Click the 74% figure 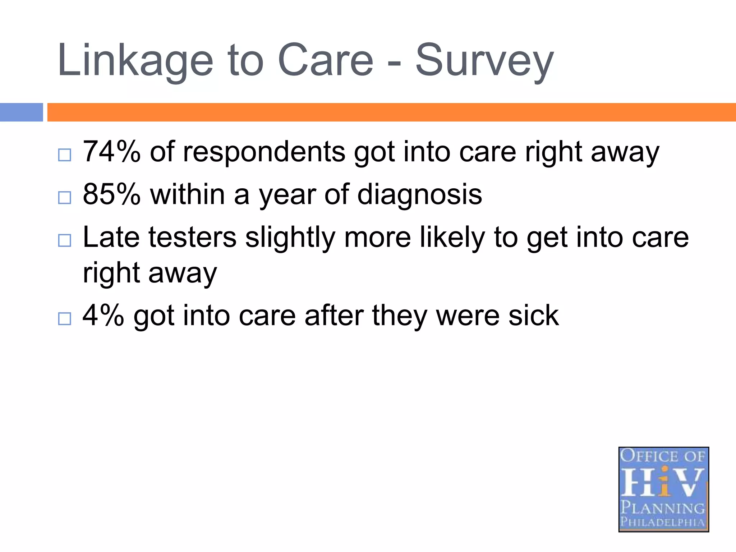coord(111,152)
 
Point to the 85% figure coord(111,194)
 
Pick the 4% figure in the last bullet coord(103,316)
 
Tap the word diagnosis coord(419,194)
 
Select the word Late coord(111,237)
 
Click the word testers coord(192,237)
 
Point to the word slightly coord(290,238)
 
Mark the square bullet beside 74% coord(65,155)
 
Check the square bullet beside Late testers coord(65,240)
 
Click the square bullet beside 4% coord(65,319)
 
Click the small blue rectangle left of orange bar coord(21,112)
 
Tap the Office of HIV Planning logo coord(663,489)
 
